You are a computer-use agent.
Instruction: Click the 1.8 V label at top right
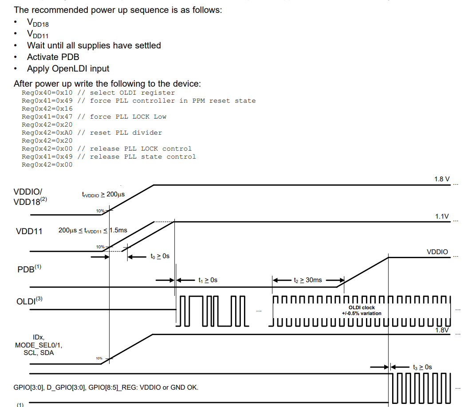click(441, 179)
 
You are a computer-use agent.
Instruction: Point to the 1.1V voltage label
click(442, 216)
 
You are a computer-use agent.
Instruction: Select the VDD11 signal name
click(29, 231)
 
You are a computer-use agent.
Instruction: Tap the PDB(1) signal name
click(29, 269)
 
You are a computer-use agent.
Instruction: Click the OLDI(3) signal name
click(29, 301)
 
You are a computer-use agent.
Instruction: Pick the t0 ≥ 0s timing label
click(160, 256)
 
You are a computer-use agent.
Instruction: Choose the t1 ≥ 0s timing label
click(208, 280)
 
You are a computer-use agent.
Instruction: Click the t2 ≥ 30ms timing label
click(307, 280)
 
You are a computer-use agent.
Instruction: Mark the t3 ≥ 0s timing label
click(422, 367)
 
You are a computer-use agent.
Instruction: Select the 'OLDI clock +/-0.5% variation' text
click(362, 310)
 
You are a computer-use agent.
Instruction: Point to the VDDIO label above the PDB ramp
click(437, 252)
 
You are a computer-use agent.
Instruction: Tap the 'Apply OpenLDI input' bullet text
click(68, 68)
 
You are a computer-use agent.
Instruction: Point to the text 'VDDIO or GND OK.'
click(169, 387)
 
